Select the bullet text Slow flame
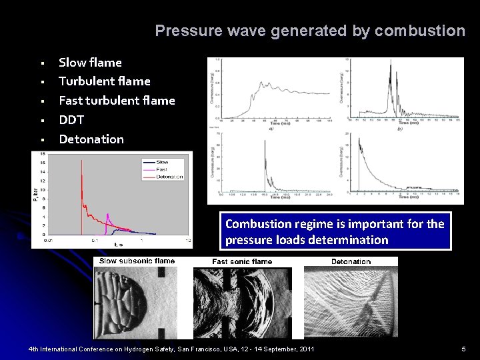[90, 63]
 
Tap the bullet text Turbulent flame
[104, 81]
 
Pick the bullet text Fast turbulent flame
[117, 101]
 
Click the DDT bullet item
[72, 120]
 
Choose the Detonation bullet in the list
[91, 139]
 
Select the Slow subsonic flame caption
[137, 261]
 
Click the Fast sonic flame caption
[242, 261]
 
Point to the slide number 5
[463, 349]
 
